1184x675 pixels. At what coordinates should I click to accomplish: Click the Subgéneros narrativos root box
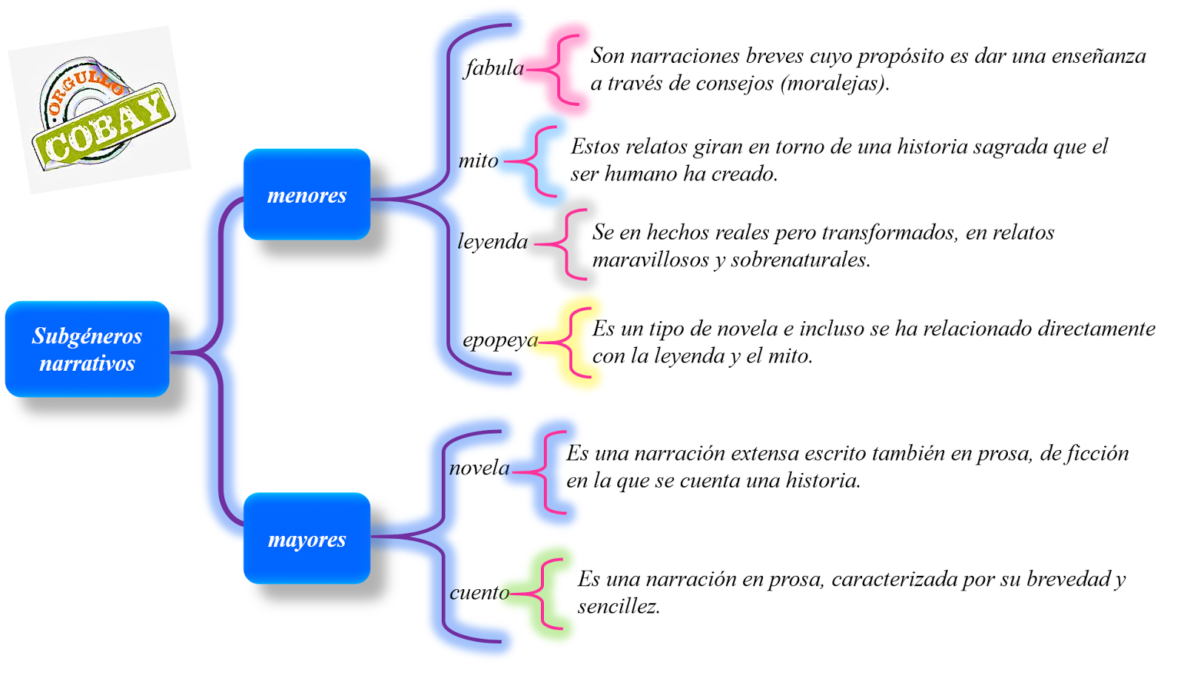click(87, 349)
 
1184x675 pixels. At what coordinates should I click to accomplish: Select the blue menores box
click(306, 195)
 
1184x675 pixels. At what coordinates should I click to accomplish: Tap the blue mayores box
click(306, 539)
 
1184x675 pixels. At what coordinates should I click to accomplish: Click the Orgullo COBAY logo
click(101, 111)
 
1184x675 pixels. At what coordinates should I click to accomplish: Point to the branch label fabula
click(494, 68)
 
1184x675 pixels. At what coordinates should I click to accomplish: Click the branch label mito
click(478, 161)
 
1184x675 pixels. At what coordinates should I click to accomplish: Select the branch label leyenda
click(492, 242)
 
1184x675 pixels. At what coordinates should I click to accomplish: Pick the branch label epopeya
click(500, 340)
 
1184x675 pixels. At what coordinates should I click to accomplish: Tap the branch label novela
click(480, 468)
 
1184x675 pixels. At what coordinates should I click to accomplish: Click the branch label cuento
click(480, 593)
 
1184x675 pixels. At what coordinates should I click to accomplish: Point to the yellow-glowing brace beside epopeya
click(575, 343)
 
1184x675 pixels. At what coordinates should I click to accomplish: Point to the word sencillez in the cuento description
click(619, 607)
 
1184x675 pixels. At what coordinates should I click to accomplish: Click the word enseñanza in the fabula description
click(1096, 56)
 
